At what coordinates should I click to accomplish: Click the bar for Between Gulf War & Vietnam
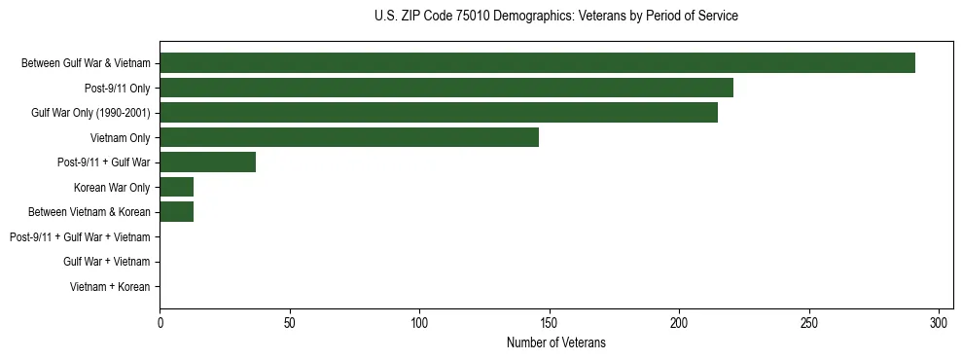tap(537, 63)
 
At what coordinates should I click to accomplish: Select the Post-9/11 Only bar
tap(446, 88)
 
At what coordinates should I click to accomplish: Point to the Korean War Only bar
tap(176, 187)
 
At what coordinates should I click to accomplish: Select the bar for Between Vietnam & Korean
tap(176, 212)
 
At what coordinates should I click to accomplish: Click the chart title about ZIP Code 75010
tap(555, 17)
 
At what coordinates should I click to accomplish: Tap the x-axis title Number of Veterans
tap(555, 342)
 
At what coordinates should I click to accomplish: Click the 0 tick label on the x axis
tap(160, 323)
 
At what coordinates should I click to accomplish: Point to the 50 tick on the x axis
tap(290, 323)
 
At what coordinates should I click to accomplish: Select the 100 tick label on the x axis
tap(419, 323)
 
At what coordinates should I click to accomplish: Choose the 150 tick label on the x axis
tap(550, 323)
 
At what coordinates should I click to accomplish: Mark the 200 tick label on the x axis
tap(679, 323)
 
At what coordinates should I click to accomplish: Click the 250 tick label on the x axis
tap(809, 323)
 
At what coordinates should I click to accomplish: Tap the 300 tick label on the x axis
tap(939, 323)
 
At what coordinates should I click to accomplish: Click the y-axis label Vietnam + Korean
tap(110, 287)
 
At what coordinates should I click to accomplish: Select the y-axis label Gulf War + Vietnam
tap(106, 262)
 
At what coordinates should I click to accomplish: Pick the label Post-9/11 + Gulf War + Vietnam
tap(80, 237)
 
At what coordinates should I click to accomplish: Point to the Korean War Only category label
tap(112, 187)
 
